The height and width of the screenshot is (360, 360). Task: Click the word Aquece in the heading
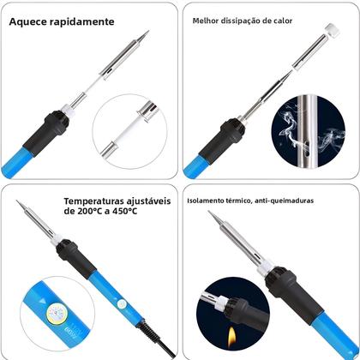[30, 23]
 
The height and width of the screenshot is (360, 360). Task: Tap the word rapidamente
[83, 23]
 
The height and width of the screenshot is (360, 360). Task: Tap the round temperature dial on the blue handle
[51, 314]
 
